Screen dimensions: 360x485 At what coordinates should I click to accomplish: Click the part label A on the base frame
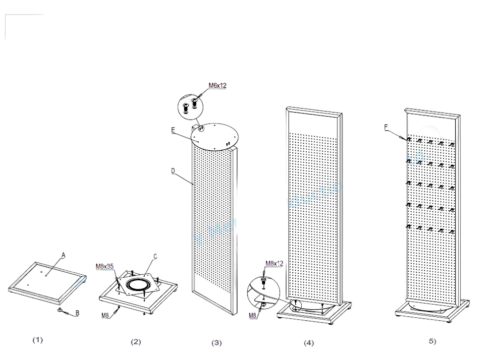point(63,254)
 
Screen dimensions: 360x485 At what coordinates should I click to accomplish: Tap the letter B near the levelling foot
point(77,313)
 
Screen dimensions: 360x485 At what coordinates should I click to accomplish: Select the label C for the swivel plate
point(155,256)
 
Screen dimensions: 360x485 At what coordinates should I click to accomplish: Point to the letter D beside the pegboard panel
point(173,171)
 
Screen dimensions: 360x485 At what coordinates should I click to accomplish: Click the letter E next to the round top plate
point(173,131)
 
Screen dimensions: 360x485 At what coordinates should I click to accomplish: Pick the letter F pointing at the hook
point(386,127)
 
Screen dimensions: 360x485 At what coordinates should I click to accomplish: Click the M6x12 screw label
point(217,86)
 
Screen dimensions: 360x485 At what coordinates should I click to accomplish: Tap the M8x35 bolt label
point(105,266)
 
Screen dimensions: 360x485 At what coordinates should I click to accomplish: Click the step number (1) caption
point(38,340)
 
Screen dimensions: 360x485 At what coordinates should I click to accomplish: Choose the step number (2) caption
point(136,341)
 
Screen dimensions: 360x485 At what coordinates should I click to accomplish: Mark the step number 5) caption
point(432,341)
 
